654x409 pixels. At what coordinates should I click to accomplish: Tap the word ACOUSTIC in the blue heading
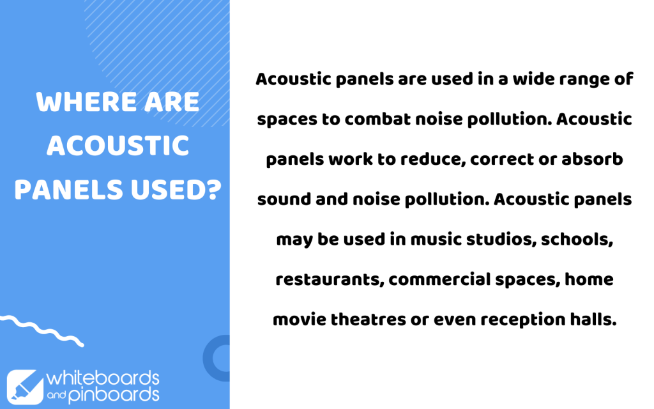(x=118, y=146)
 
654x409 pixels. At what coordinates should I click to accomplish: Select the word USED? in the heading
(x=176, y=189)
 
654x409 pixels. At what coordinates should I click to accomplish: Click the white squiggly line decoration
(x=42, y=330)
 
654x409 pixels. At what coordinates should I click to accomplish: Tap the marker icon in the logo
(x=25, y=387)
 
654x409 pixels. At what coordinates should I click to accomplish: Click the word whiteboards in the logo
(x=103, y=378)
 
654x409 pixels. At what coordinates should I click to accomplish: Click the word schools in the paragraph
(x=577, y=239)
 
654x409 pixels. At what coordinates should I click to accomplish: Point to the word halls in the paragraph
(x=593, y=319)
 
